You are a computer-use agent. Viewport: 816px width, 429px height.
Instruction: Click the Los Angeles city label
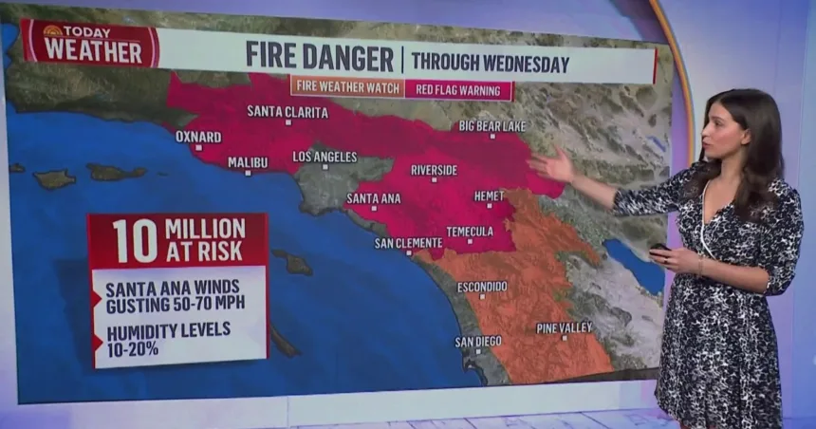point(325,157)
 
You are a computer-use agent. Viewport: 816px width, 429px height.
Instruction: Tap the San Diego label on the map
point(478,341)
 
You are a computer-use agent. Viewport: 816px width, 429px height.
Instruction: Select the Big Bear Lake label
point(492,125)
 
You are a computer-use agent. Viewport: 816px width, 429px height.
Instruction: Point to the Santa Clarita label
point(287,111)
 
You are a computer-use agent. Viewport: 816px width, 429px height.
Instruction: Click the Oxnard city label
point(198,137)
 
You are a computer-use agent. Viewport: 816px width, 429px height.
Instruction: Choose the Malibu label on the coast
point(248,162)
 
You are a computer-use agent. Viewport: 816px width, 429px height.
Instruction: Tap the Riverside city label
point(434,170)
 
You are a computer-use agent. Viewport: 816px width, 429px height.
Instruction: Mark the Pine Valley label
point(564,327)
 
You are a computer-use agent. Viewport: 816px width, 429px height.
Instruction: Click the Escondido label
point(482,287)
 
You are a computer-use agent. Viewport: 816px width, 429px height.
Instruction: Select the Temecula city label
point(470,231)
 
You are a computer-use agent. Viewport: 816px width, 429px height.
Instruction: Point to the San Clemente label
point(409,243)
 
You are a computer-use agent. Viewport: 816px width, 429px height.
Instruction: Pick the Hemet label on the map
point(490,196)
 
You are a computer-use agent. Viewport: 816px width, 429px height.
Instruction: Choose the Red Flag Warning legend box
point(459,90)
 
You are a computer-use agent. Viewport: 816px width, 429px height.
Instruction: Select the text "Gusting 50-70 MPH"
point(173,304)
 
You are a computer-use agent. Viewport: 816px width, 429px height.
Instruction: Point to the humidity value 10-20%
point(133,348)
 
